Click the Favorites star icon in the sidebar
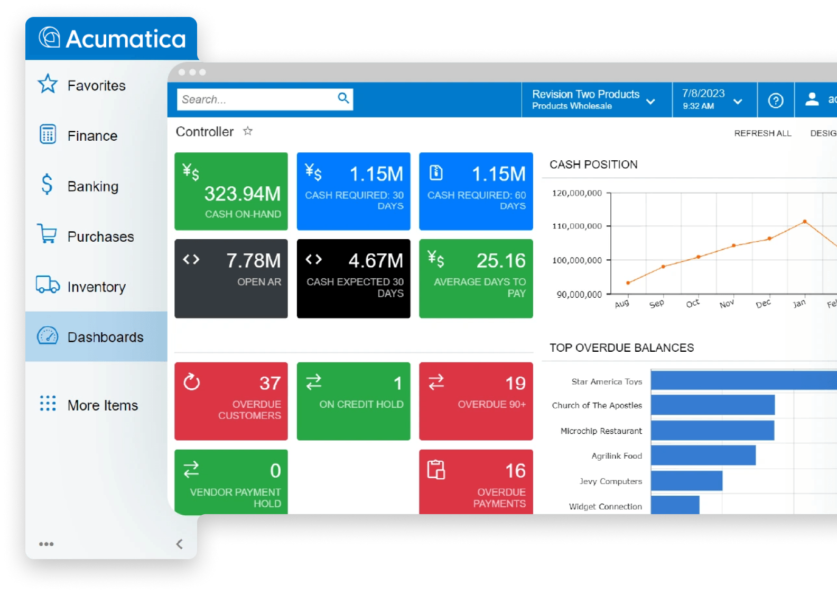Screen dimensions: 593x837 click(48, 84)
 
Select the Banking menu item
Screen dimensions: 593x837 click(92, 186)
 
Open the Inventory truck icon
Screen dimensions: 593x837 click(48, 285)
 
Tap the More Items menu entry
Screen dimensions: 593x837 click(103, 405)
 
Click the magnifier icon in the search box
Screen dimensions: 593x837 click(343, 98)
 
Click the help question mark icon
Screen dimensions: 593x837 click(775, 101)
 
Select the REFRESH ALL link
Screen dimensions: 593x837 click(762, 133)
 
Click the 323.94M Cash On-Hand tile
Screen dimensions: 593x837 click(231, 191)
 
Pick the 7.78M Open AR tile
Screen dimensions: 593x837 click(231, 278)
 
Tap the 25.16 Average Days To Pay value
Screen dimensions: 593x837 click(500, 261)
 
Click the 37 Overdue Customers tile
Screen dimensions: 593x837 click(231, 401)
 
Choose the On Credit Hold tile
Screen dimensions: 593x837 click(353, 401)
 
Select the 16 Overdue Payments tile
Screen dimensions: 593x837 click(476, 481)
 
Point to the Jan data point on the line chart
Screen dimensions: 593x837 click(804, 222)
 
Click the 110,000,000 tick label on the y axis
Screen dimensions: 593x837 click(576, 226)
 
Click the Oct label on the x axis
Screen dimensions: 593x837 click(692, 304)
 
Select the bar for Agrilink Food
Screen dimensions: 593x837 click(703, 455)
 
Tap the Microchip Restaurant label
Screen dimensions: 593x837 click(601, 431)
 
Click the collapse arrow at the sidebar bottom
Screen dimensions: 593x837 click(180, 544)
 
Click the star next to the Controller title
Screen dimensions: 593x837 click(248, 131)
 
